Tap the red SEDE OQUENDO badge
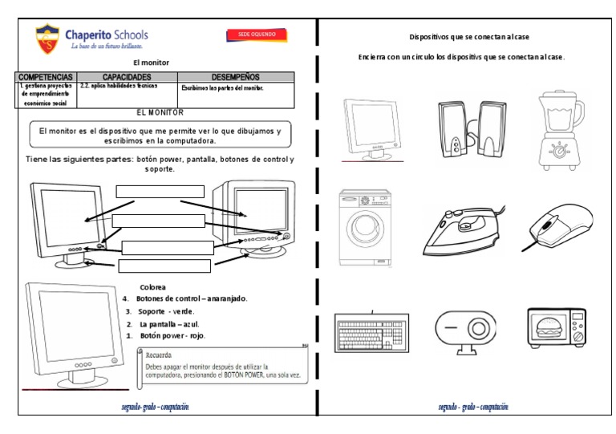257,35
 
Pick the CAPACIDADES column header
127,76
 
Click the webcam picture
460,331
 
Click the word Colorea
153,286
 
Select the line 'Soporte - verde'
166,311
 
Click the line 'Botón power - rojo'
172,335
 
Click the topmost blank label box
160,191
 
